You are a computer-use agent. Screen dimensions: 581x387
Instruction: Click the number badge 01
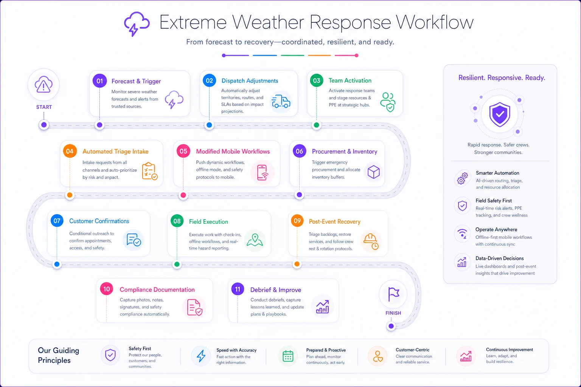pos(99,81)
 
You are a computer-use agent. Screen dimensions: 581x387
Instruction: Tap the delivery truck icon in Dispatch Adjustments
pos(281,101)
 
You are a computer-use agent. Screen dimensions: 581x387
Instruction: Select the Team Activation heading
pos(350,80)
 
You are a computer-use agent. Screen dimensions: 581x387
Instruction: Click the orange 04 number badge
pos(70,151)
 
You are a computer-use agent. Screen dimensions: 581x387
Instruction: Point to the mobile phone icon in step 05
pos(262,172)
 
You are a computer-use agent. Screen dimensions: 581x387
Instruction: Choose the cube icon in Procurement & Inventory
pos(373,172)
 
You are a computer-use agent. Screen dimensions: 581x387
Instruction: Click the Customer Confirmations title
pos(99,221)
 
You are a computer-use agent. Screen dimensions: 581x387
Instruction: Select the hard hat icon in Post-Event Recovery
pos(371,241)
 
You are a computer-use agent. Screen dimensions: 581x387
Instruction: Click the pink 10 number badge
pos(107,289)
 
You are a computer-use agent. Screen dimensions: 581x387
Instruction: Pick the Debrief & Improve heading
pos(275,289)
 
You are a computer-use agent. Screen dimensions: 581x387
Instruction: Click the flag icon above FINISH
pos(393,294)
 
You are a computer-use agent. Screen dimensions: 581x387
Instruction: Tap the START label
pos(44,107)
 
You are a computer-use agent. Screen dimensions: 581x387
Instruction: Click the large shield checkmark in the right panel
pos(500,114)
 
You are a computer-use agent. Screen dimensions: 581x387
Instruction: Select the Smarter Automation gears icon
pos(462,178)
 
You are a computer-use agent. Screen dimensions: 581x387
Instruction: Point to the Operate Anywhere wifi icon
pos(462,233)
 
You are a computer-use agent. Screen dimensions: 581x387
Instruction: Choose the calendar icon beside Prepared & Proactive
pos(288,356)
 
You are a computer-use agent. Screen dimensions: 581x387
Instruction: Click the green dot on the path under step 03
pos(317,125)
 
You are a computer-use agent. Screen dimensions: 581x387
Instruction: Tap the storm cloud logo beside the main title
pos(137,23)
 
